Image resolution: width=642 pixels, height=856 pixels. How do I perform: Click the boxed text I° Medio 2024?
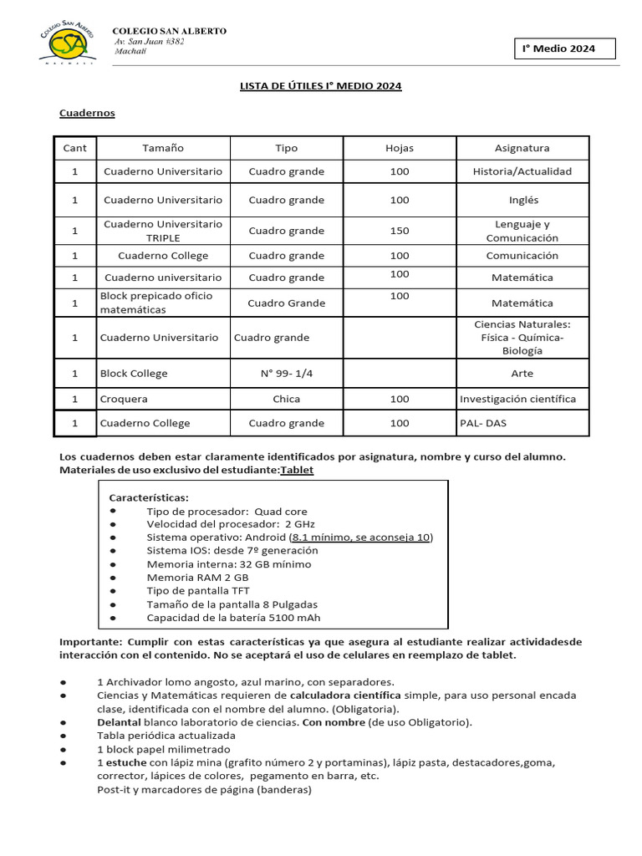click(x=564, y=48)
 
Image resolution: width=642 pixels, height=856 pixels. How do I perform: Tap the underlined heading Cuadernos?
click(x=87, y=113)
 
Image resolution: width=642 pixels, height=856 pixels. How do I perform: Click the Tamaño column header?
click(x=163, y=148)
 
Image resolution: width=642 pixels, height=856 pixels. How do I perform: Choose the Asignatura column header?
click(x=522, y=148)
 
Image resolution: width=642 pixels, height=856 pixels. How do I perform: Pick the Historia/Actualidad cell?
click(x=522, y=171)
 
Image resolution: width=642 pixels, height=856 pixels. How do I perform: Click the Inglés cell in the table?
click(x=523, y=200)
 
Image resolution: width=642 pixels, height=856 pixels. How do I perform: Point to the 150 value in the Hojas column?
click(x=399, y=231)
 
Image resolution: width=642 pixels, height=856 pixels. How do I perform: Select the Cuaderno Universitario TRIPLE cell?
click(x=163, y=231)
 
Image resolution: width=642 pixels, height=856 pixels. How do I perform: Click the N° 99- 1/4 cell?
click(x=286, y=374)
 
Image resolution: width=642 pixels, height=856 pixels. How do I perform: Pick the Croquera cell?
click(x=124, y=400)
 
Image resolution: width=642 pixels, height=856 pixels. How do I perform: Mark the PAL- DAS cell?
click(x=483, y=423)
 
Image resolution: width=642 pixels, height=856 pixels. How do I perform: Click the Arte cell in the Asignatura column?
click(x=522, y=374)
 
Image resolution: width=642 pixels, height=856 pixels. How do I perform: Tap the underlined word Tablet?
click(x=297, y=471)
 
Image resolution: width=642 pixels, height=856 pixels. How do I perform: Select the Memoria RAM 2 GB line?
click(x=197, y=578)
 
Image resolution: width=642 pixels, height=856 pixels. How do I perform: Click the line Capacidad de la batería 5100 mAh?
click(x=233, y=618)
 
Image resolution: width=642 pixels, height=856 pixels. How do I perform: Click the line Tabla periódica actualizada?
click(x=162, y=736)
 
